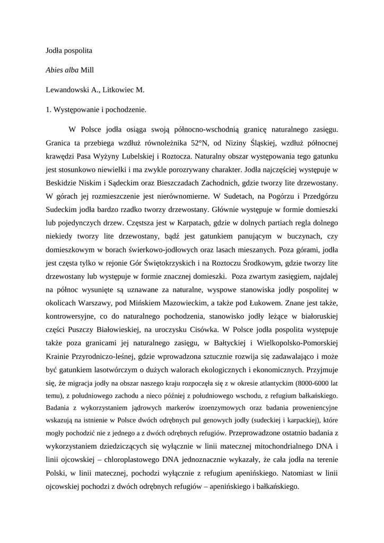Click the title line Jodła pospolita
pyautogui.click(x=69, y=51)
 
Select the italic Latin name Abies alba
pyautogui.click(x=63, y=71)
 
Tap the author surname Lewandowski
pyautogui.click(x=69, y=90)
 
